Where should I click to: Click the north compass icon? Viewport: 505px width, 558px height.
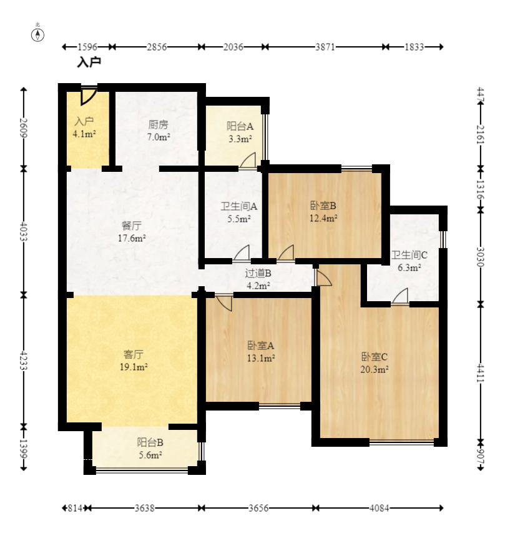(37, 34)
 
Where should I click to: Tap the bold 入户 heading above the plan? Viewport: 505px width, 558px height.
(89, 62)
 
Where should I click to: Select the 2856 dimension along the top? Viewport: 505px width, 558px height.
(157, 47)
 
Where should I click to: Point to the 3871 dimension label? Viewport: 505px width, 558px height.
(325, 47)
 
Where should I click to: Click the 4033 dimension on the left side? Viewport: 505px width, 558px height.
(24, 231)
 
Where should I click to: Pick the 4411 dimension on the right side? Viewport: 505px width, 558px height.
(481, 373)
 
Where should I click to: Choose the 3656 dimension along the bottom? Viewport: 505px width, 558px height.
(258, 508)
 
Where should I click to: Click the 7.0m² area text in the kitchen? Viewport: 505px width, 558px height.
(159, 137)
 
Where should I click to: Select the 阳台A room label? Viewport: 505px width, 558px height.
(240, 126)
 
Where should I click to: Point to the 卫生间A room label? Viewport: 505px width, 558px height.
(239, 206)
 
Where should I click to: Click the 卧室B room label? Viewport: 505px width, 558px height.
(323, 206)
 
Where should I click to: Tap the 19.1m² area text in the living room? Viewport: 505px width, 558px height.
(134, 367)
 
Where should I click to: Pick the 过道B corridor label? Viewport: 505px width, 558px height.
(258, 273)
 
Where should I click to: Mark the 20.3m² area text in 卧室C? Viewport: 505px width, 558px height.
(374, 369)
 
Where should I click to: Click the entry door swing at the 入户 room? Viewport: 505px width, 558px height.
(88, 96)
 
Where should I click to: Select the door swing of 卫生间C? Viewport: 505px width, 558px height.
(401, 296)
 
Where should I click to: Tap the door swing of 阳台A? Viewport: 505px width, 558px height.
(248, 160)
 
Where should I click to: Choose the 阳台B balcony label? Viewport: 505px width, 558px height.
(150, 442)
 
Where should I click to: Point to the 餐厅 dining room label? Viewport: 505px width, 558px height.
(132, 226)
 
